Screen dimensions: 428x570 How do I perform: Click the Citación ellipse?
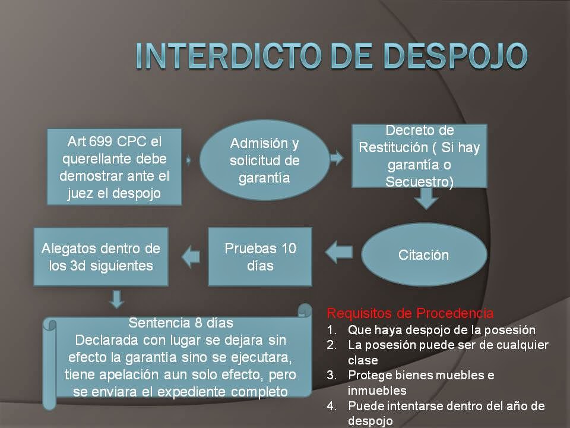tap(423, 255)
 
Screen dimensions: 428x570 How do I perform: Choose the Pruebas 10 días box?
tap(260, 256)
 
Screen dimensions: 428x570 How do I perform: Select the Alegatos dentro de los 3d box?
tap(101, 256)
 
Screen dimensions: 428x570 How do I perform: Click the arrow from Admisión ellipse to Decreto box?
tap(337, 158)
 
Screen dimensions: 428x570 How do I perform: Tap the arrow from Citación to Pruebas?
tap(340, 251)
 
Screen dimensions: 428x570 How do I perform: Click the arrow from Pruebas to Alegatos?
tap(190, 256)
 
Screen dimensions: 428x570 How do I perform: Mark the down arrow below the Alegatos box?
tap(117, 299)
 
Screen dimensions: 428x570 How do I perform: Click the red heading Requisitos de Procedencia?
tap(410, 313)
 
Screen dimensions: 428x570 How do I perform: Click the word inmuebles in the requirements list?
tap(377, 391)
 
